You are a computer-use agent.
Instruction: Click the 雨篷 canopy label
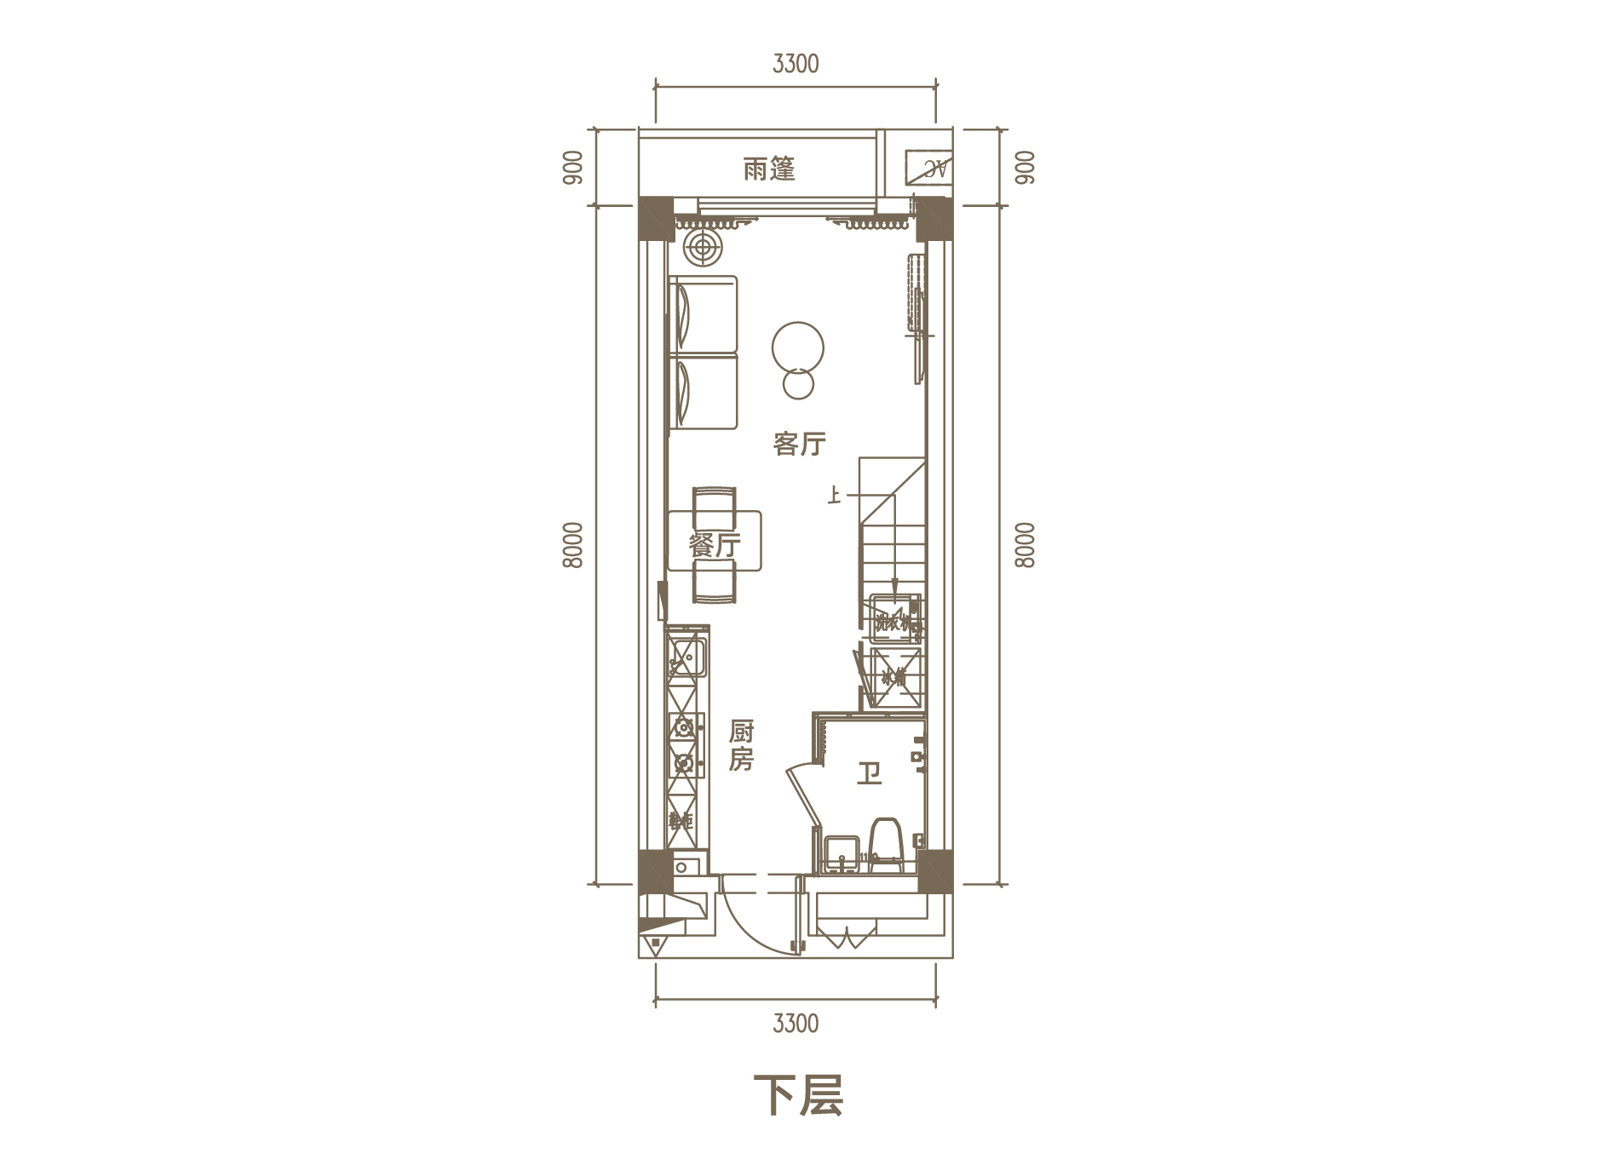(768, 169)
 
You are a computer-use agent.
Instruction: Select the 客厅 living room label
(799, 444)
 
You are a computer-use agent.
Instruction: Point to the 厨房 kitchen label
(741, 745)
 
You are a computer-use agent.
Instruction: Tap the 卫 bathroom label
(868, 773)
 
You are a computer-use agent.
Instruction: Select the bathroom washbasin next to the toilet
(840, 854)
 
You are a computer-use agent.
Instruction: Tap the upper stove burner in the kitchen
(683, 727)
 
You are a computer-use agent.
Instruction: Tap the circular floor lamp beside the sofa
(702, 248)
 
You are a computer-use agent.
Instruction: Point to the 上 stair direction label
(834, 495)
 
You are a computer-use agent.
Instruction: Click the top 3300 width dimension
(796, 64)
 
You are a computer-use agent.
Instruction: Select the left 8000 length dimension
(573, 545)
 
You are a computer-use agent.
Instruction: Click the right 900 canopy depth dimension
(1025, 168)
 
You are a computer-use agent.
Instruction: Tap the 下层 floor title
(798, 1096)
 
